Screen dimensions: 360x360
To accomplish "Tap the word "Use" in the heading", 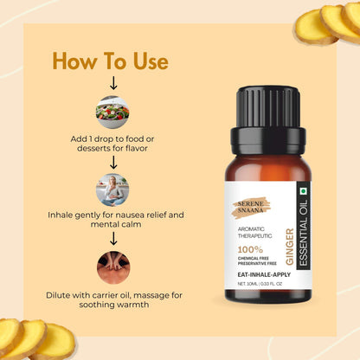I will (x=148, y=61).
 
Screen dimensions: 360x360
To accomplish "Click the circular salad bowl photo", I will (x=112, y=112).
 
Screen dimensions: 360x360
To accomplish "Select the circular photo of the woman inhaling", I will (x=112, y=189).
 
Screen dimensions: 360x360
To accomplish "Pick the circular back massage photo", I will (x=112, y=267).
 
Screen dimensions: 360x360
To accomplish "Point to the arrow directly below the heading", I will (x=112, y=83).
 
